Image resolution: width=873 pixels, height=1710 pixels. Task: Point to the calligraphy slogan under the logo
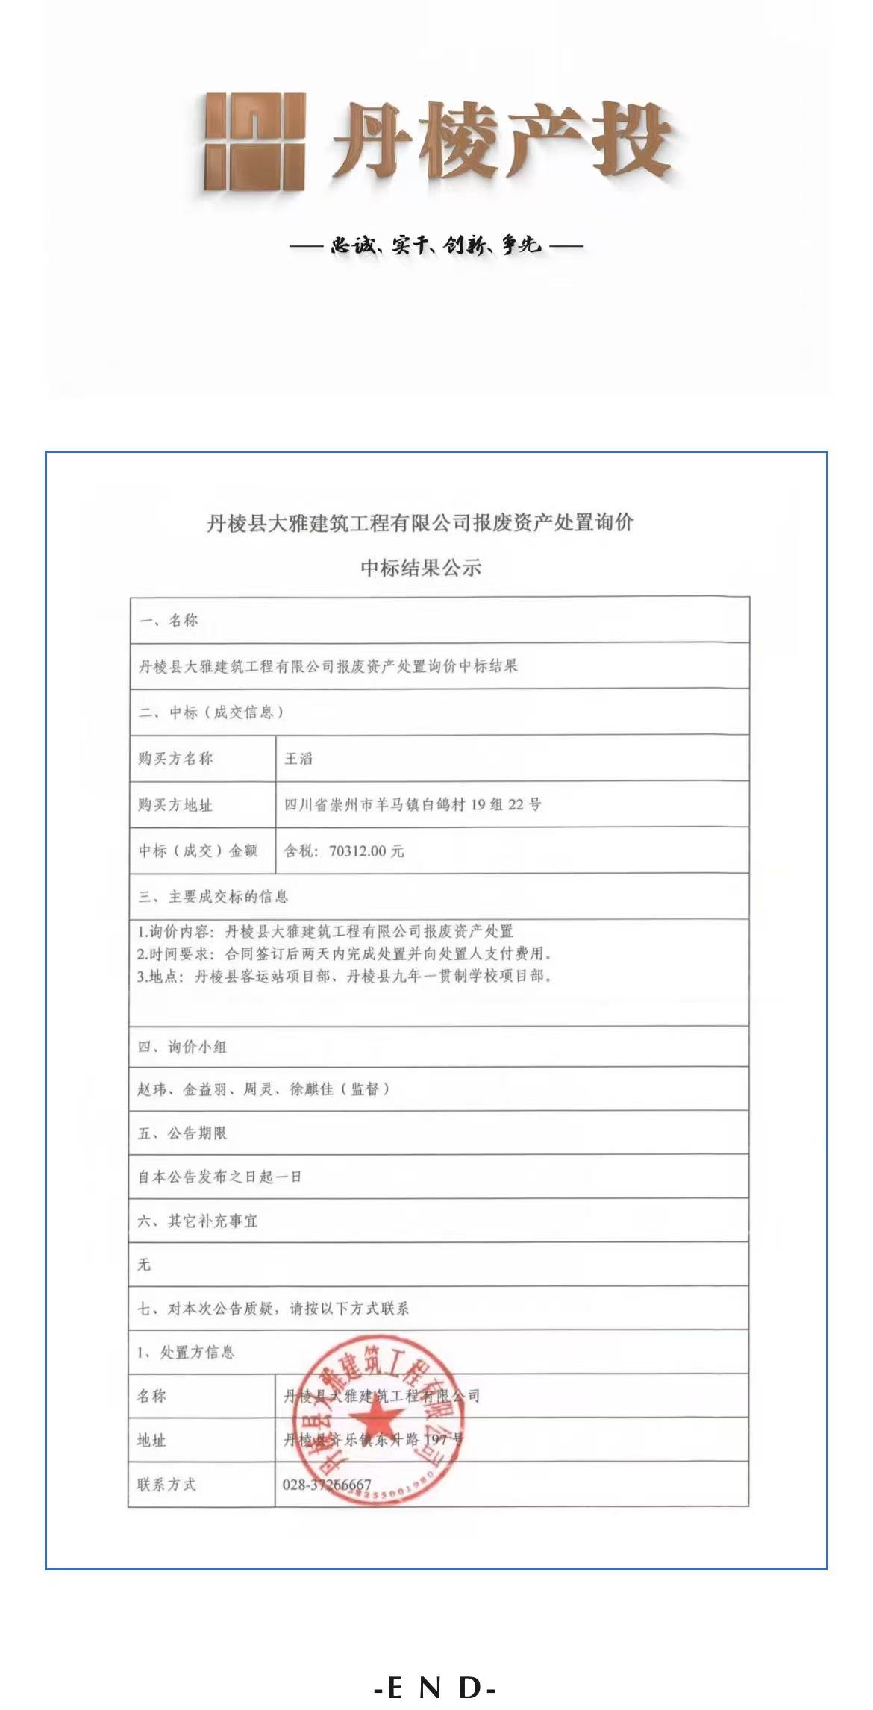[x=436, y=245]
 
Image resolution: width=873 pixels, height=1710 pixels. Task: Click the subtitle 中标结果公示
[x=421, y=568]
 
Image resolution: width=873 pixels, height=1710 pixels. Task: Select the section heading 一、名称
[x=169, y=620]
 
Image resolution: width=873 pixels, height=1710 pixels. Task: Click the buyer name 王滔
[x=298, y=759]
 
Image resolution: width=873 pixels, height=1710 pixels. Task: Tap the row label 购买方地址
[x=175, y=805]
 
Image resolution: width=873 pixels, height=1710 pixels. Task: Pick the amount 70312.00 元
[x=366, y=851]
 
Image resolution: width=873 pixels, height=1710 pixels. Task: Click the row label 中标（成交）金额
[x=198, y=851]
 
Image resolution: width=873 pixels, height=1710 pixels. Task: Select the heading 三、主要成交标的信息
[x=213, y=896]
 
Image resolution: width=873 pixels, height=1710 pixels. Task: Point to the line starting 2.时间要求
[x=344, y=953]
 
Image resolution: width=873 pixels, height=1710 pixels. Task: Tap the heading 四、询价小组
[x=182, y=1047]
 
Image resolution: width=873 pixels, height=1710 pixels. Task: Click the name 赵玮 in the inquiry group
[x=152, y=1089]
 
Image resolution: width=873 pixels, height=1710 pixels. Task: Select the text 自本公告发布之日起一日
[x=220, y=1177]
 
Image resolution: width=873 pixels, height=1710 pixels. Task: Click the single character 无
[x=144, y=1265]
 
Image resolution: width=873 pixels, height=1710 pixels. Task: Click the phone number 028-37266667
[x=327, y=1485]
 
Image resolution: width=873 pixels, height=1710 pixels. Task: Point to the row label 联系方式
[x=166, y=1485]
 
